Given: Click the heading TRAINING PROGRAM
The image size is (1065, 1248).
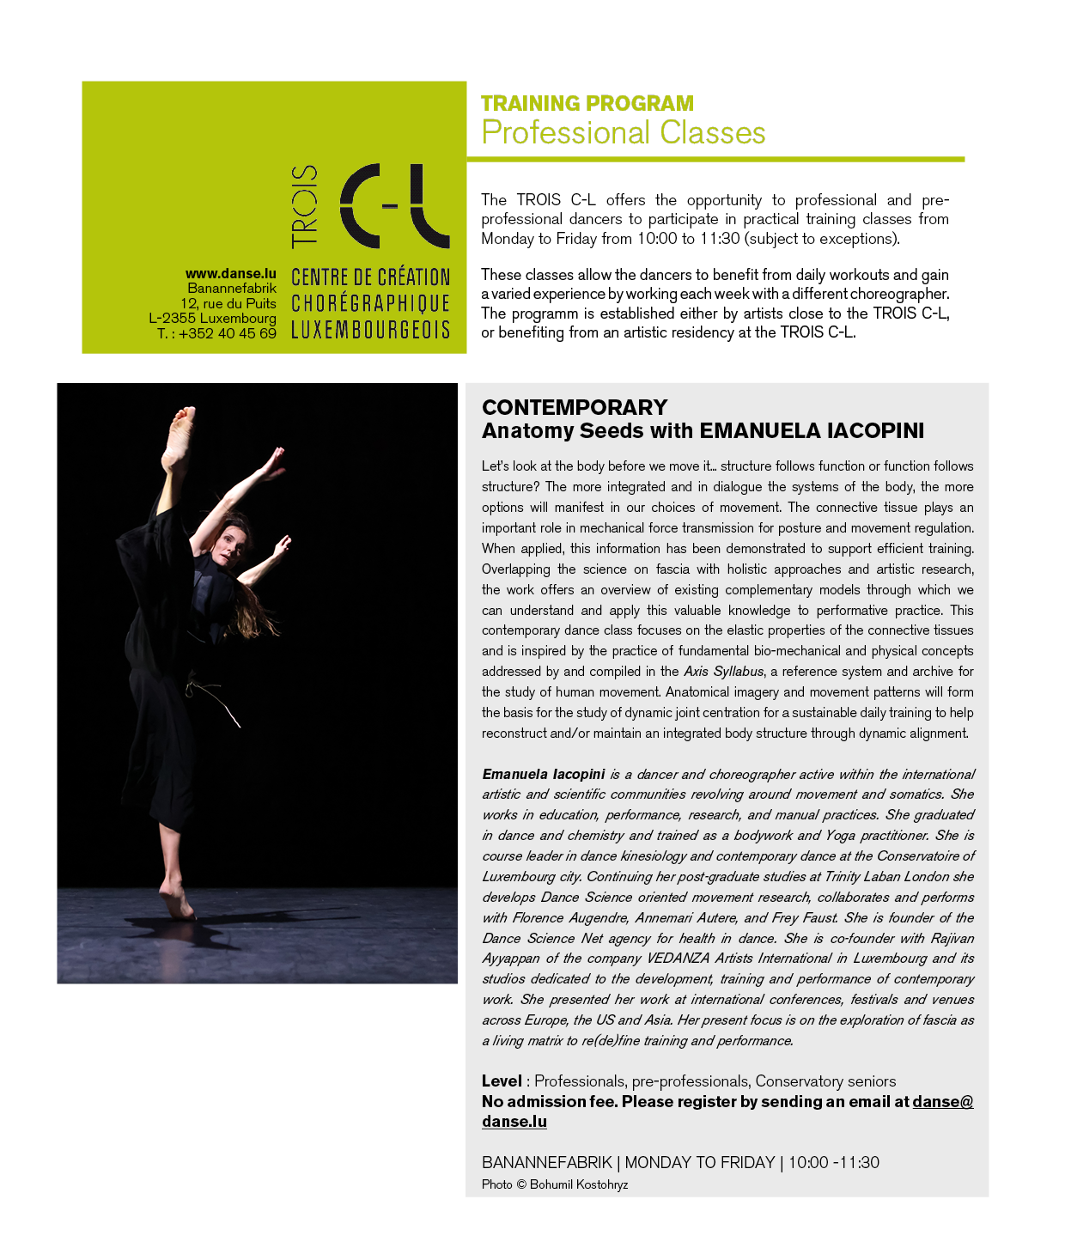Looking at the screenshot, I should [x=587, y=104].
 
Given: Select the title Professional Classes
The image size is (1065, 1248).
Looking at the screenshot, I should [x=623, y=133].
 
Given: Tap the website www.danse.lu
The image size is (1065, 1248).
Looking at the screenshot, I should [x=230, y=274].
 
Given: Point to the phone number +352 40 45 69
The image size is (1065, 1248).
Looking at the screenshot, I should [x=227, y=333].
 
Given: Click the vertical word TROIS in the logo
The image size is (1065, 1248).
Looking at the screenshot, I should [x=305, y=206].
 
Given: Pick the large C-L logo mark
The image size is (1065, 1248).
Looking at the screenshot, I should [x=394, y=206].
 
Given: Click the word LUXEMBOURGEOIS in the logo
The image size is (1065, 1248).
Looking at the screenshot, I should [x=370, y=330].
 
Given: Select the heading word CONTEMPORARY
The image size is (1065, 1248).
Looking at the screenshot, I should [x=574, y=407].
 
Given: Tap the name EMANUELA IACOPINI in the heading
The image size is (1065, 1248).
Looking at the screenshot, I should [x=812, y=430].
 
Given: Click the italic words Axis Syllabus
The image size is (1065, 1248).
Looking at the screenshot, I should [x=723, y=672].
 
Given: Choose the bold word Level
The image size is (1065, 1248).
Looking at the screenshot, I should [x=502, y=1081].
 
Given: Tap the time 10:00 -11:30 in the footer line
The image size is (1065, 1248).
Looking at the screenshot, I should [x=833, y=1162].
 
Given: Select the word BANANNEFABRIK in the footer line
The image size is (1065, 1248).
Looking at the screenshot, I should [x=546, y=1162].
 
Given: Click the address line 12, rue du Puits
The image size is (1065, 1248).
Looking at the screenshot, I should [x=228, y=303].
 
